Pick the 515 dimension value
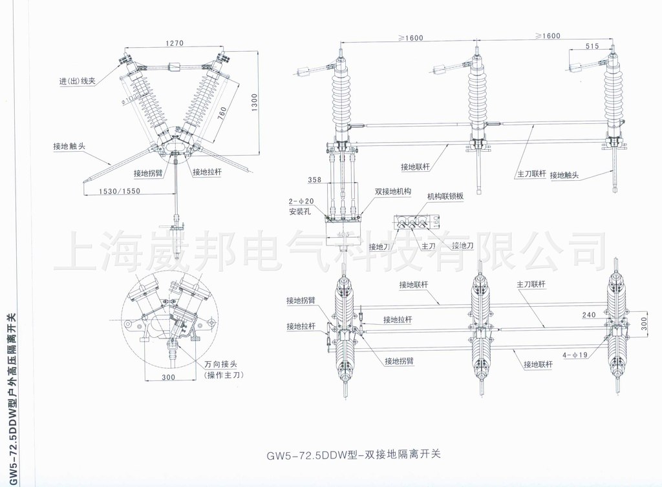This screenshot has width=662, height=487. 593,46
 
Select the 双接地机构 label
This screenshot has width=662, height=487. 395,191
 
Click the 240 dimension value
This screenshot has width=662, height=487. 589,315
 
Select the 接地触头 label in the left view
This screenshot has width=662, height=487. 70,146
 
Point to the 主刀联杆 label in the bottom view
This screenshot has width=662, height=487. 531,284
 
